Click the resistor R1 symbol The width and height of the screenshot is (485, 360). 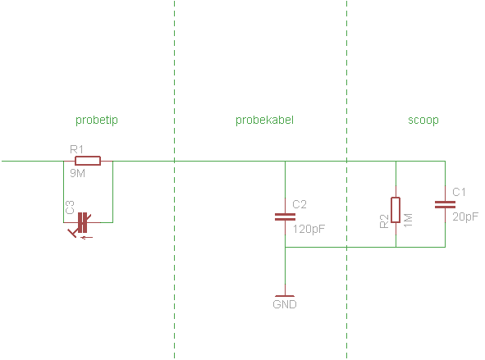(x=87, y=161)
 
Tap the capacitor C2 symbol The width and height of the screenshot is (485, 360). (x=284, y=216)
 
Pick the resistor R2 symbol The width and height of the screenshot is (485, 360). (x=396, y=210)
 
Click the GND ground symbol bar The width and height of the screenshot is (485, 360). (x=284, y=296)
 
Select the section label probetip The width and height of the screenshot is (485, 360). (x=97, y=120)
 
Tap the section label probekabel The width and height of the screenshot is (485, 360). (x=264, y=120)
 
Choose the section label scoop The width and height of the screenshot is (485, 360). (x=423, y=120)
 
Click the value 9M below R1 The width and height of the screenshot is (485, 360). (x=77, y=173)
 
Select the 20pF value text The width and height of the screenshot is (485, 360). (x=465, y=216)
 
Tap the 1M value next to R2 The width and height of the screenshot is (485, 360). (x=408, y=221)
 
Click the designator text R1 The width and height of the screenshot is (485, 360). (x=76, y=149)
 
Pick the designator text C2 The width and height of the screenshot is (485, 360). (x=299, y=204)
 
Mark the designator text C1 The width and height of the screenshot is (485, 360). (x=460, y=192)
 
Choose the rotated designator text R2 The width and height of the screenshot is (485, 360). (x=384, y=222)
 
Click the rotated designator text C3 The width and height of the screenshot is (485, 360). (x=70, y=208)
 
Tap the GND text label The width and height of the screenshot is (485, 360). (x=284, y=304)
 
